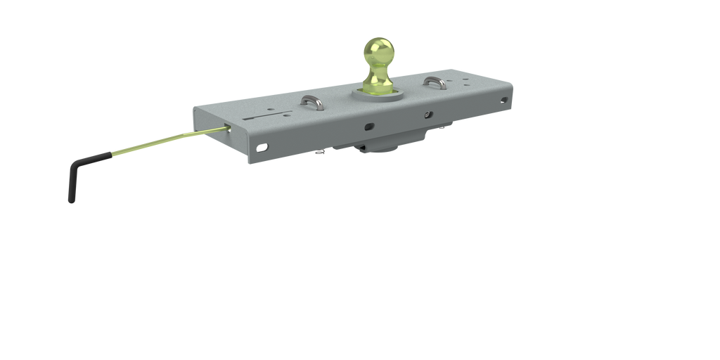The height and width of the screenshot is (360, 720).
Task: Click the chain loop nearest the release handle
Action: click(314, 104)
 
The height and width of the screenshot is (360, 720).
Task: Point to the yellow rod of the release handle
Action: click(162, 140)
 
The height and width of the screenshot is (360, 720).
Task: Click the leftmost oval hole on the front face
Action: click(263, 148)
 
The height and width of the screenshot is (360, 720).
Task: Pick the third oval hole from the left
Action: click(428, 113)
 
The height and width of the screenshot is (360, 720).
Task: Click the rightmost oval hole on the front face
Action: click(503, 101)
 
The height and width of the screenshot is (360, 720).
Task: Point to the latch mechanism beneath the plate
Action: click(380, 145)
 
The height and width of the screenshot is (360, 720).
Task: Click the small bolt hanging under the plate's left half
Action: click(322, 152)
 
